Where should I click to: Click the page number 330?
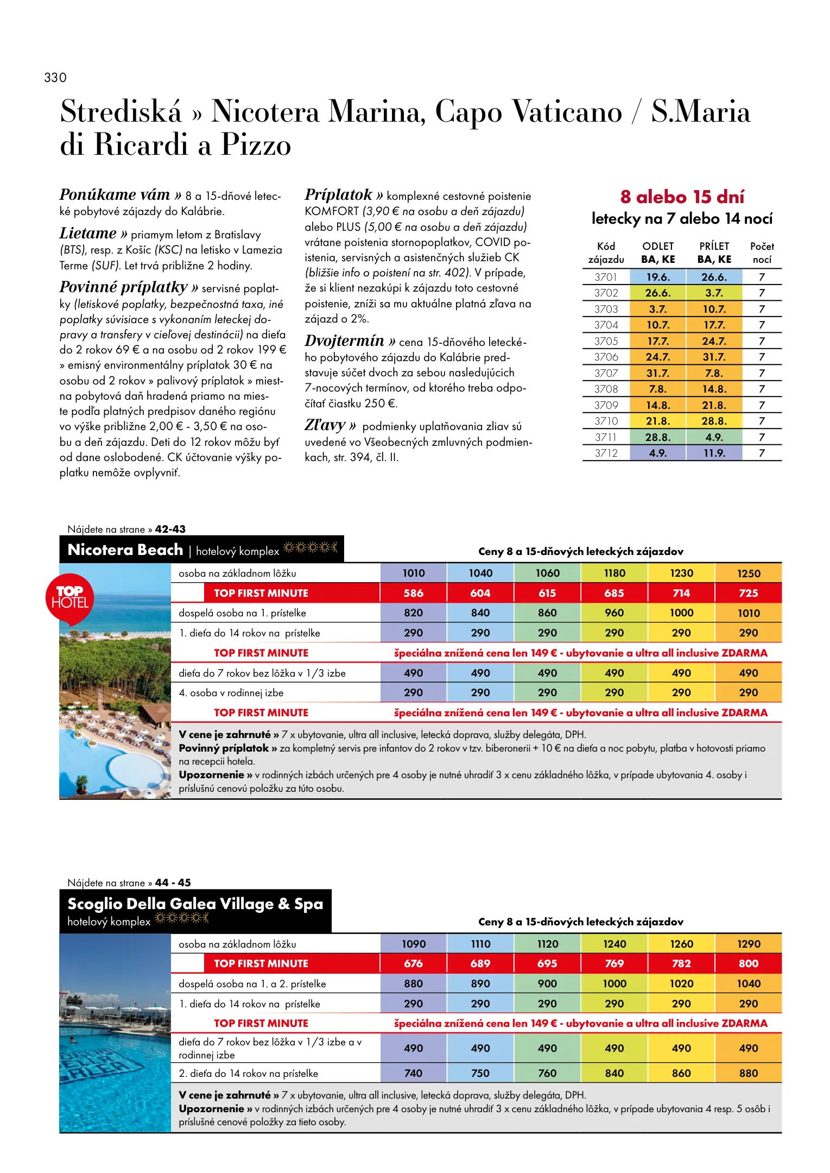tap(55, 78)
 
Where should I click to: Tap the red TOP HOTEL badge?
tap(69, 597)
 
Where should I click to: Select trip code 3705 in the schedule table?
tap(606, 341)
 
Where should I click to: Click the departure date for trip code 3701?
tap(657, 277)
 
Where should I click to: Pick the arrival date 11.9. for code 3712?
tap(714, 453)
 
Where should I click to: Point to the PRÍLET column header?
tap(714, 246)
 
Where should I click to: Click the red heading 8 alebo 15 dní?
tap(682, 197)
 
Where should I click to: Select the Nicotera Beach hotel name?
tap(125, 550)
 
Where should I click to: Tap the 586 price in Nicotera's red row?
tap(413, 593)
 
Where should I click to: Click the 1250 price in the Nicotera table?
tap(748, 573)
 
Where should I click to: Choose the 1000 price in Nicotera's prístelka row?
tap(681, 613)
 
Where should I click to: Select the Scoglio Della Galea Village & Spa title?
tap(195, 904)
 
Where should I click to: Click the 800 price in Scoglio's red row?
tap(748, 963)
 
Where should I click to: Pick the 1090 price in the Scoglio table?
tap(413, 944)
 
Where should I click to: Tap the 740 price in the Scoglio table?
tap(413, 1073)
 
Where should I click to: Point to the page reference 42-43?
tap(170, 529)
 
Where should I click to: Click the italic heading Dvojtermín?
tap(345, 340)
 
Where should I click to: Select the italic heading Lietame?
tap(88, 234)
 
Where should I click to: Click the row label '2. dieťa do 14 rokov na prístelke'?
tap(248, 1073)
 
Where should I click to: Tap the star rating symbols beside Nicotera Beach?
tap(311, 547)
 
